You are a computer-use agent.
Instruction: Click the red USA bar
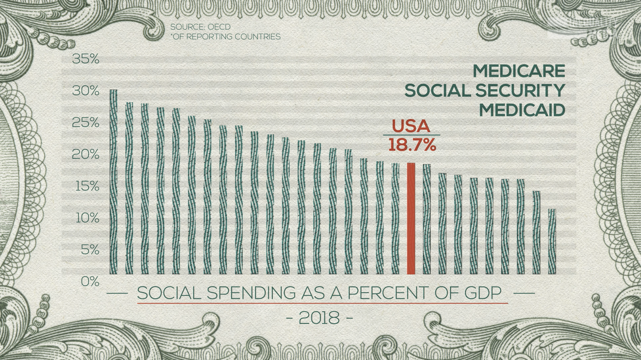coord(411,219)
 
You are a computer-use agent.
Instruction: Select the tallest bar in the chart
coord(113,182)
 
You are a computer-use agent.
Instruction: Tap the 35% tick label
coord(86,59)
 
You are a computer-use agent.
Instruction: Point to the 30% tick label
coord(86,91)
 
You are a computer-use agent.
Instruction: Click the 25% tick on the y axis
coord(86,123)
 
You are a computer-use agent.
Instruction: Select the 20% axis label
coord(86,154)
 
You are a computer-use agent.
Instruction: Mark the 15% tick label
coord(87,186)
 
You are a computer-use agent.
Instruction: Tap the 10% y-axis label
coord(87,218)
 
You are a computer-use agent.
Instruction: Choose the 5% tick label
coord(90,250)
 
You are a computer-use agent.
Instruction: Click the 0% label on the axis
coord(90,282)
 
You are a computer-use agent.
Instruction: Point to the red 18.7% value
coord(412,145)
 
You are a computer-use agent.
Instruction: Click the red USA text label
coord(411,126)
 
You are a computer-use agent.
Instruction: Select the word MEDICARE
coord(519,71)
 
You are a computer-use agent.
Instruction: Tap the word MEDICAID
coord(522,110)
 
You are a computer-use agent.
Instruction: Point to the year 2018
coord(319,318)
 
